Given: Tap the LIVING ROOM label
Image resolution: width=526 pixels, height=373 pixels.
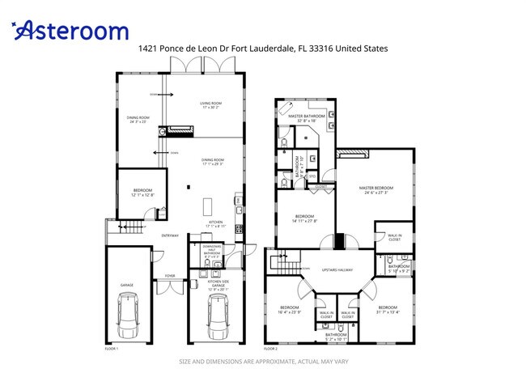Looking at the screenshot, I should click(211, 104).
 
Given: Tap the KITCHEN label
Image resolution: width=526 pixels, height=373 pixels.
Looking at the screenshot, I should click(216, 222).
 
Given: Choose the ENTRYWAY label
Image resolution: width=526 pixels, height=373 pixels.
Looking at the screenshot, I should click(170, 235).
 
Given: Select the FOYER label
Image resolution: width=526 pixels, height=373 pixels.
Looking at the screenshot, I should click(170, 276).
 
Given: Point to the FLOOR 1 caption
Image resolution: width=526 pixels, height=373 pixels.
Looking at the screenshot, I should click(112, 348).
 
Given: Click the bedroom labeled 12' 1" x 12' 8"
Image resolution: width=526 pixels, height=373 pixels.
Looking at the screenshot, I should click(142, 192).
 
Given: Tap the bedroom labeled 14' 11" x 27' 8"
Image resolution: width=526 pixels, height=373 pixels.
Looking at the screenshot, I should click(304, 218).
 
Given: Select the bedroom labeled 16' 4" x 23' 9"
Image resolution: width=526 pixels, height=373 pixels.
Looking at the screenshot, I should click(290, 309).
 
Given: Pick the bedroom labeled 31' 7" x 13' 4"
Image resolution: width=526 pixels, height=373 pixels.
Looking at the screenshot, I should click(388, 308).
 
